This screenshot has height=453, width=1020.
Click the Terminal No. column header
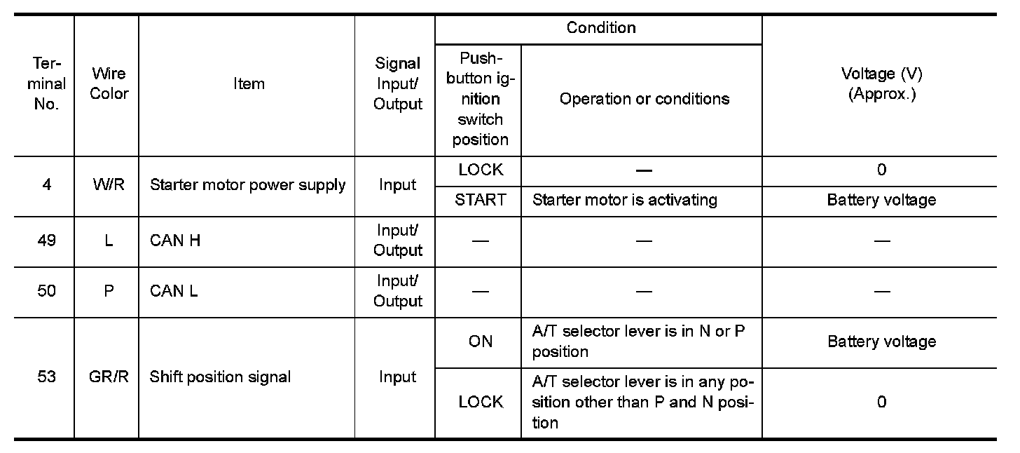point(46,83)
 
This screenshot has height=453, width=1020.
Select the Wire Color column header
point(109,83)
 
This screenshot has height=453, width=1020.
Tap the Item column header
point(249,83)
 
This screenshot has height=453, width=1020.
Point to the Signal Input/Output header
point(397,83)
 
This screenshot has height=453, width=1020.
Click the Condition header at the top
point(600,28)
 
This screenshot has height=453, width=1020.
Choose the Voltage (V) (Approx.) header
point(881,83)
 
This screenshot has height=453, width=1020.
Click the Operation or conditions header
point(644,99)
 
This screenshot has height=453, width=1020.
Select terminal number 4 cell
point(46,185)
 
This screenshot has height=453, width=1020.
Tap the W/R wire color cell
point(109,185)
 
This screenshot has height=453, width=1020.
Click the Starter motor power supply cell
point(247,185)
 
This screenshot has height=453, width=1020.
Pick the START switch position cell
point(480,200)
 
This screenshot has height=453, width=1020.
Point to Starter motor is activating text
point(624,200)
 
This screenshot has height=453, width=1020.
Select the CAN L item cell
point(174,290)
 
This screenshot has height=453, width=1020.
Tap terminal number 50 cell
point(46,290)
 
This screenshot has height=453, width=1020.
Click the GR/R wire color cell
point(109,377)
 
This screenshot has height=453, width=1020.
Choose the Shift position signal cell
point(220,377)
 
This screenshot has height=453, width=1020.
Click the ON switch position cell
point(480,342)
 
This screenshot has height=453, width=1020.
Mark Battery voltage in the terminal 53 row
point(881,342)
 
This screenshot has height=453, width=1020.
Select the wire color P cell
point(109,290)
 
